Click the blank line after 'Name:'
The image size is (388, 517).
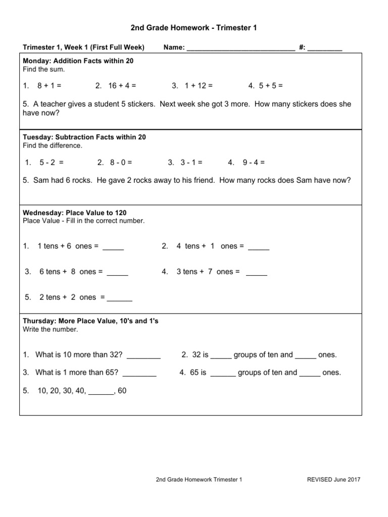click(240, 48)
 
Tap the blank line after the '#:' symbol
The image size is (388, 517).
click(325, 48)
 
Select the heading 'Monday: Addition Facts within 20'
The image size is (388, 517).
click(78, 61)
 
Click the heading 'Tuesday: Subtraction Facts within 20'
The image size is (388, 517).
click(84, 137)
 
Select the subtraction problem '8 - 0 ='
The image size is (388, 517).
click(121, 163)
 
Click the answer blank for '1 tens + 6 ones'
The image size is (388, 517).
click(113, 247)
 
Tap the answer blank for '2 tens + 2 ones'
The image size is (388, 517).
click(120, 298)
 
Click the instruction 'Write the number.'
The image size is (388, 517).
click(51, 329)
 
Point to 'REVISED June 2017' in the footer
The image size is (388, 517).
click(334, 480)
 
